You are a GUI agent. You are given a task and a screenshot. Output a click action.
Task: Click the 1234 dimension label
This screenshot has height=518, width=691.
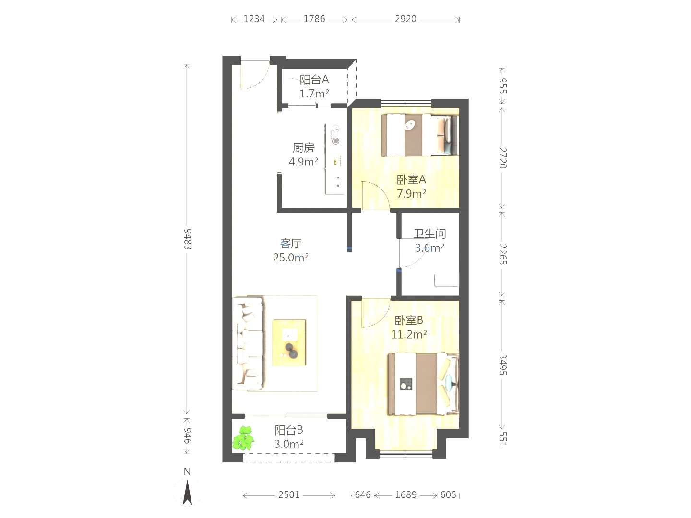[254, 19]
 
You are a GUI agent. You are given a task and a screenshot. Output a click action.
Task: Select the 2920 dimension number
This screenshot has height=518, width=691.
[405, 19]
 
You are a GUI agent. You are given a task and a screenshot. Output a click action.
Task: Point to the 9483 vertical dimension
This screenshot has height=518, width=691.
[187, 239]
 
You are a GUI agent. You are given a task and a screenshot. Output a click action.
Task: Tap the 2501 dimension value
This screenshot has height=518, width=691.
[289, 494]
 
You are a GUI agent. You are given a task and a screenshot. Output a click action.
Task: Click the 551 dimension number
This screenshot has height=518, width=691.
[503, 439]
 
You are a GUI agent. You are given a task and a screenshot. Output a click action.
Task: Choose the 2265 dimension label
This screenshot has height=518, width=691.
[503, 254]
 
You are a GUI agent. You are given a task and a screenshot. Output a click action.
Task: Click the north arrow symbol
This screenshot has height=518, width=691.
[187, 492]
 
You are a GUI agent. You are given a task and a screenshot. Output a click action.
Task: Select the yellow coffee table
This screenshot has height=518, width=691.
[289, 343]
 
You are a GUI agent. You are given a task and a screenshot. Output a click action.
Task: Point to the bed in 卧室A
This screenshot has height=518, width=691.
[419, 135]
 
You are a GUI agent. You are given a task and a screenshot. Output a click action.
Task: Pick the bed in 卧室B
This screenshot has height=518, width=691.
[423, 384]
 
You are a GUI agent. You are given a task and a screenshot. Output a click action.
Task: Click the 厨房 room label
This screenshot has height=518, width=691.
[303, 148]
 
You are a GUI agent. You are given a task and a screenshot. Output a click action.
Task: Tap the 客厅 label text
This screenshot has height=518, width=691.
[291, 243]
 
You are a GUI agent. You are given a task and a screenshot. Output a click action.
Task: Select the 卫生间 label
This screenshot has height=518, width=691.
[429, 234]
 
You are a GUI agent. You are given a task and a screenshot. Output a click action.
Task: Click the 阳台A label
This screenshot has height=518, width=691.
[314, 79]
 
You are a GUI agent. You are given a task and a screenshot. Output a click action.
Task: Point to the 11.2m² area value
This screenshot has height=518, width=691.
[409, 334]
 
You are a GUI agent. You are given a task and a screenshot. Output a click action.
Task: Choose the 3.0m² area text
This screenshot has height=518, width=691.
[289, 444]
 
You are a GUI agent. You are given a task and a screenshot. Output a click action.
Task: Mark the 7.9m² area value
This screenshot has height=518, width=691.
[411, 193]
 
